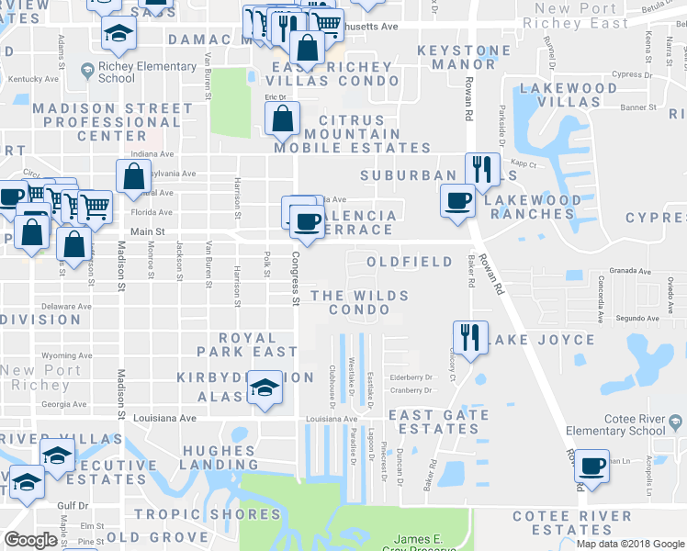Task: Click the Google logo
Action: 31,540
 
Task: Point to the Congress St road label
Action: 296,281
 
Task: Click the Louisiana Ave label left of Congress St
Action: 175,418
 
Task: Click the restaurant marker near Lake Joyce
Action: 470,337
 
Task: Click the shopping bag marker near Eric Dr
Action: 283,118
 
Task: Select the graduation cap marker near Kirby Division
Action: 265,388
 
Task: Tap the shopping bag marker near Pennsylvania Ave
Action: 134,176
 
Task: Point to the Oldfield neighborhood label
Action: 410,262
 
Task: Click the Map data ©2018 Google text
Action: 630,544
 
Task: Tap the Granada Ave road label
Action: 632,272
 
